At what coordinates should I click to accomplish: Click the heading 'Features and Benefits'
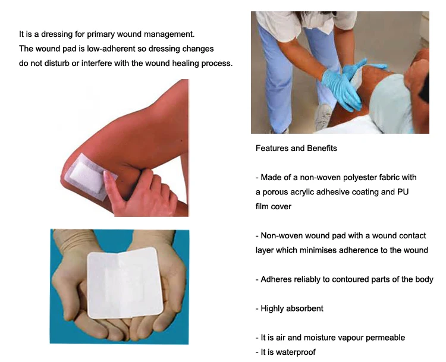[296, 148]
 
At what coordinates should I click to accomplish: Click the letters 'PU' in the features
[402, 192]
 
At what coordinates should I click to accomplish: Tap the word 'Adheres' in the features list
[278, 279]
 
